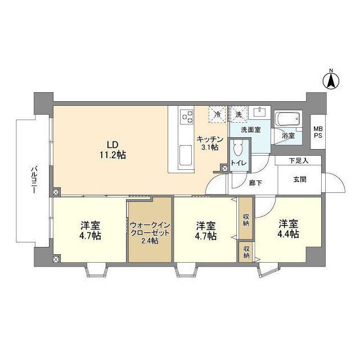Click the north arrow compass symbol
(x=332, y=80)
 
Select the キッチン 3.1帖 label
(x=210, y=143)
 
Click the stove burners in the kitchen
(x=186, y=116)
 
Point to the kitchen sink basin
(x=186, y=153)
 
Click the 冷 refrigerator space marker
(x=217, y=114)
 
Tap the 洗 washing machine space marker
(x=238, y=114)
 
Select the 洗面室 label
(x=250, y=130)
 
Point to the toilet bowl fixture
(x=237, y=148)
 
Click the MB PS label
(x=318, y=133)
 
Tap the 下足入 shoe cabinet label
(x=298, y=161)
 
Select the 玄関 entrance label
(x=299, y=179)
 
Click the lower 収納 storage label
(x=246, y=251)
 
